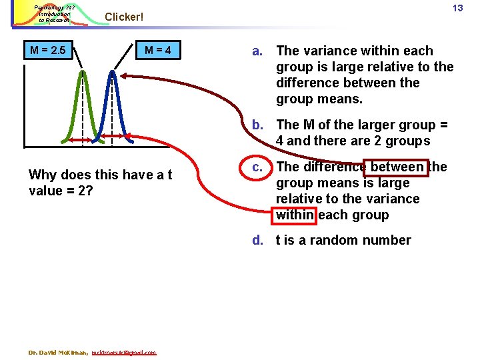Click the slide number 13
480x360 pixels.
(457, 8)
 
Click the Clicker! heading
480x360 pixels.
(124, 17)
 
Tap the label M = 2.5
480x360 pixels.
(51, 51)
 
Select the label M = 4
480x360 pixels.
(158, 51)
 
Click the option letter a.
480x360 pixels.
(257, 51)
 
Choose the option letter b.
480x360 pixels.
(257, 125)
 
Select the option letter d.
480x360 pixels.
(257, 240)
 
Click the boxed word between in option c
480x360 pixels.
(397, 167)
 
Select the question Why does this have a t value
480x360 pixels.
(100, 182)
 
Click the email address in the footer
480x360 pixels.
(124, 352)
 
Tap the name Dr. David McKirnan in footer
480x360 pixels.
(58, 352)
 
